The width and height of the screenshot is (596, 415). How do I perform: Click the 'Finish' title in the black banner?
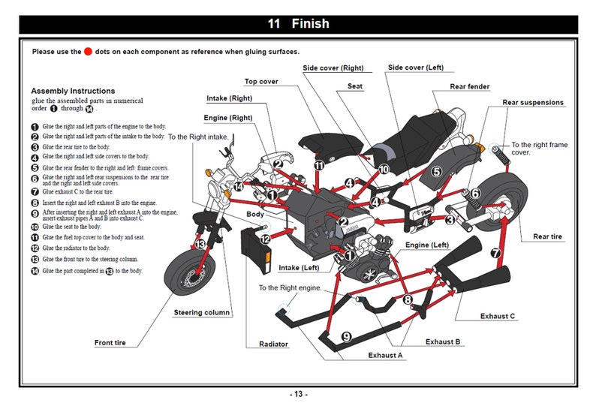coord(310,23)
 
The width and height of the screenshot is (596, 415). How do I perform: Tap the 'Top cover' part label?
coord(261,81)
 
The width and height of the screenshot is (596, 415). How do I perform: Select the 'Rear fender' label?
coord(469,86)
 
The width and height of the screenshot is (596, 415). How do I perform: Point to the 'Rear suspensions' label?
coord(533,103)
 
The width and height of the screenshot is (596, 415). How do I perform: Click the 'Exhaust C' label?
coord(497,316)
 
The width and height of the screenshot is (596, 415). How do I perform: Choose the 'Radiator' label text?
coord(273,344)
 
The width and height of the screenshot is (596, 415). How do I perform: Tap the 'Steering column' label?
coord(202,312)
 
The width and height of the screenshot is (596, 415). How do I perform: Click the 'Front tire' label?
coord(110,342)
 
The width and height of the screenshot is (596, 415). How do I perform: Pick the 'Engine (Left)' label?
coord(427,245)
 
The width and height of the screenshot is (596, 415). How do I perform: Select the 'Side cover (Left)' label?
coord(416,68)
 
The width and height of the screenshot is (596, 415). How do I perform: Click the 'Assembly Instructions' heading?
coord(73,91)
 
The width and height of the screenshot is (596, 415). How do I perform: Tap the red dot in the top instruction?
coord(88,51)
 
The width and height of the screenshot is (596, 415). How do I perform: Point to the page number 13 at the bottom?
coord(299,394)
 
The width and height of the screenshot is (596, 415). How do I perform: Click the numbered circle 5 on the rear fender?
coord(436,172)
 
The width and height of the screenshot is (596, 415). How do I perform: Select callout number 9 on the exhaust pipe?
coord(346,337)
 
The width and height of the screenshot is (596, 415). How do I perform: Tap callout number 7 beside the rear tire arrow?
coord(495,253)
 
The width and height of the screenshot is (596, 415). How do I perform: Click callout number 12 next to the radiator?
coord(265,239)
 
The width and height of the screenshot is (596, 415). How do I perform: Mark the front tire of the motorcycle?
coord(189,272)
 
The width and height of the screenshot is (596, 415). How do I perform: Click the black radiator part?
coord(256,251)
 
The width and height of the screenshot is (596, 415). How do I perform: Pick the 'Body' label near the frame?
coord(254,215)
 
